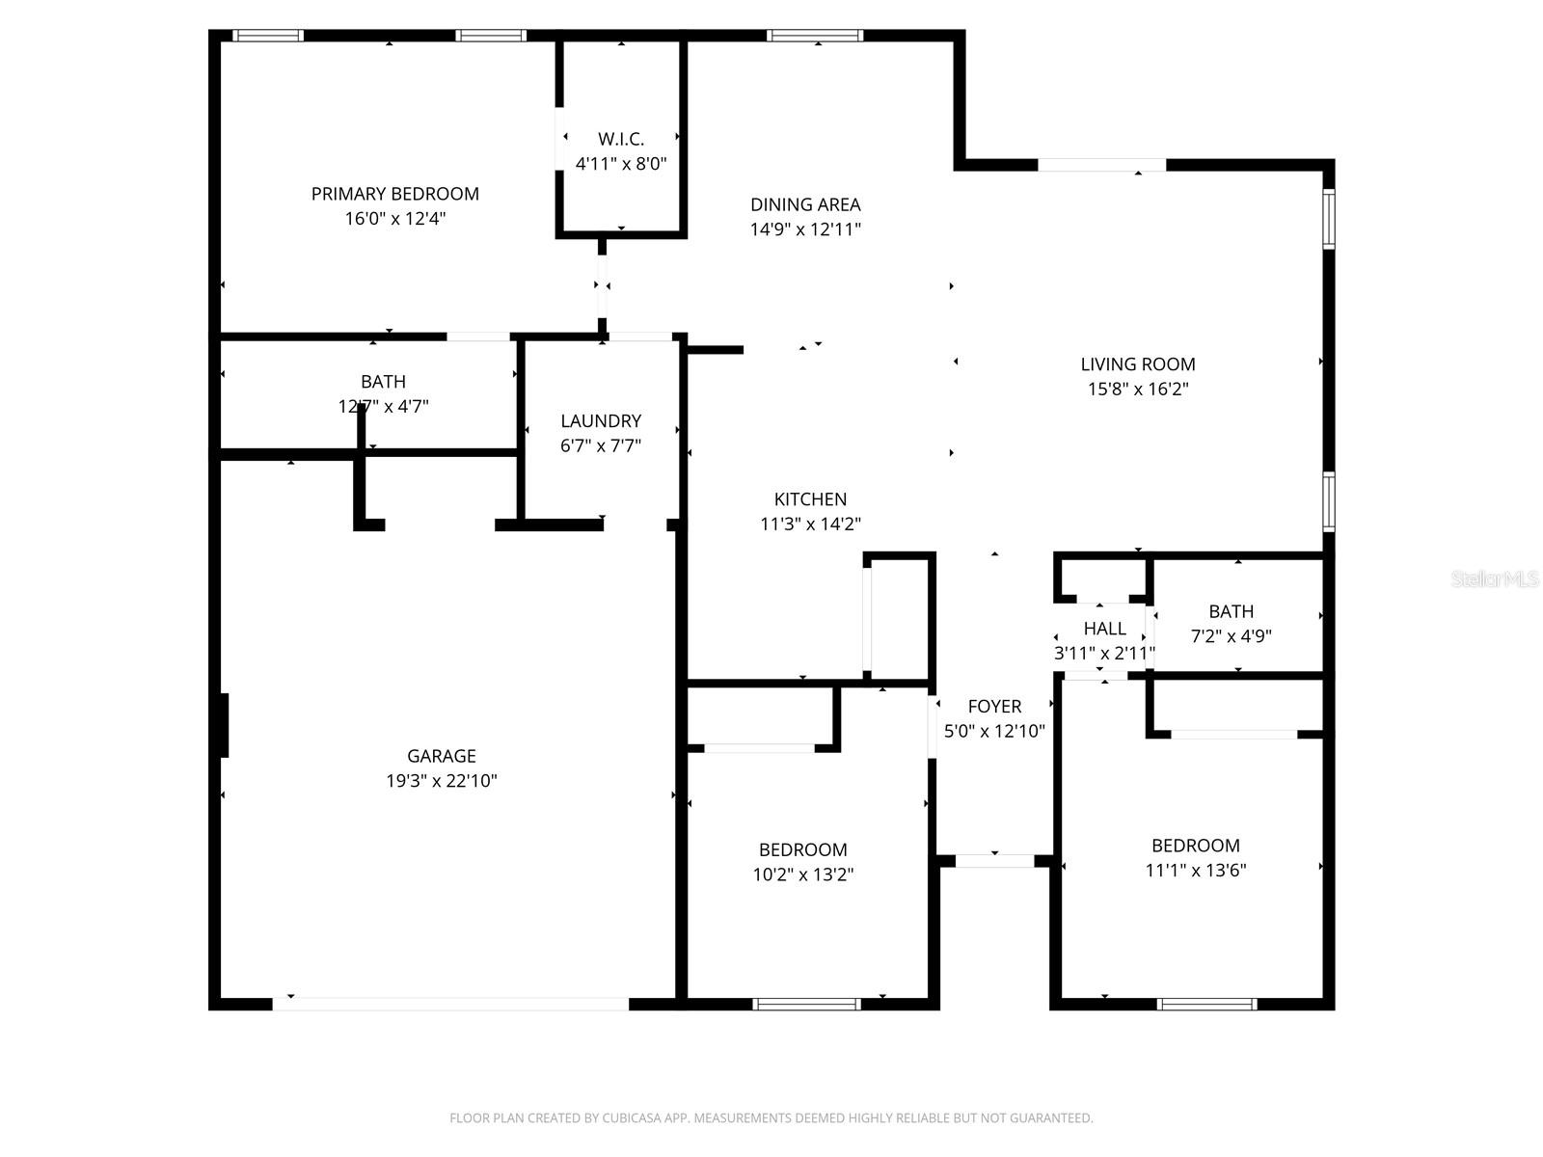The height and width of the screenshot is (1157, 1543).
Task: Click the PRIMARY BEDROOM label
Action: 394,194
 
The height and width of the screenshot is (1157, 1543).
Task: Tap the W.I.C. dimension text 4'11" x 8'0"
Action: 621,164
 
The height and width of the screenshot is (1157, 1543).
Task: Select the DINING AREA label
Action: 805,204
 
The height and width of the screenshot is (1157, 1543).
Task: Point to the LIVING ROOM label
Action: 1137,364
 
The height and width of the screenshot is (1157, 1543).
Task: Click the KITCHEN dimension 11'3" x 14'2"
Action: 810,525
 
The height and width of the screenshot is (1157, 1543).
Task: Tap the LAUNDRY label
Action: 601,421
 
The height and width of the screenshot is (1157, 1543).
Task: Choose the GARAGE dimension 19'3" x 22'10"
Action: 442,781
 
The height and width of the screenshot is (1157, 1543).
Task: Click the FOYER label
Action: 994,707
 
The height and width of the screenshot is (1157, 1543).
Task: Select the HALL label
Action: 1104,629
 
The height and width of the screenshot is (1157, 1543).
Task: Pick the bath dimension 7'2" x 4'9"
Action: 1232,636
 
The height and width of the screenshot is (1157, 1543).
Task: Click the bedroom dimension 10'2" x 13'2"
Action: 802,874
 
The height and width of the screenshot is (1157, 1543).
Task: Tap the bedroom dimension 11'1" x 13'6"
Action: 1195,871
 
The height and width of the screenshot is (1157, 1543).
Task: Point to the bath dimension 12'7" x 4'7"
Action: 383,407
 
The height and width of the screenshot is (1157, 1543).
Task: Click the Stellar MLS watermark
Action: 1494,579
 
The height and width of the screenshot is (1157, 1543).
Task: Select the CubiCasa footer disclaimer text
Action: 771,1118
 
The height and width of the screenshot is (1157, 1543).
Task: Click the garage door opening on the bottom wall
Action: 450,1004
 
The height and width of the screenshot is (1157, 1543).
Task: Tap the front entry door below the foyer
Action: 994,861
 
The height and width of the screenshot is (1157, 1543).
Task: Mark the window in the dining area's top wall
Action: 815,37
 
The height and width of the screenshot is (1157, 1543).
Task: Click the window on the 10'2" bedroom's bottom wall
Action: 806,1004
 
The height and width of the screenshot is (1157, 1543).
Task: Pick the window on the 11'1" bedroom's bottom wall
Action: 1206,1004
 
